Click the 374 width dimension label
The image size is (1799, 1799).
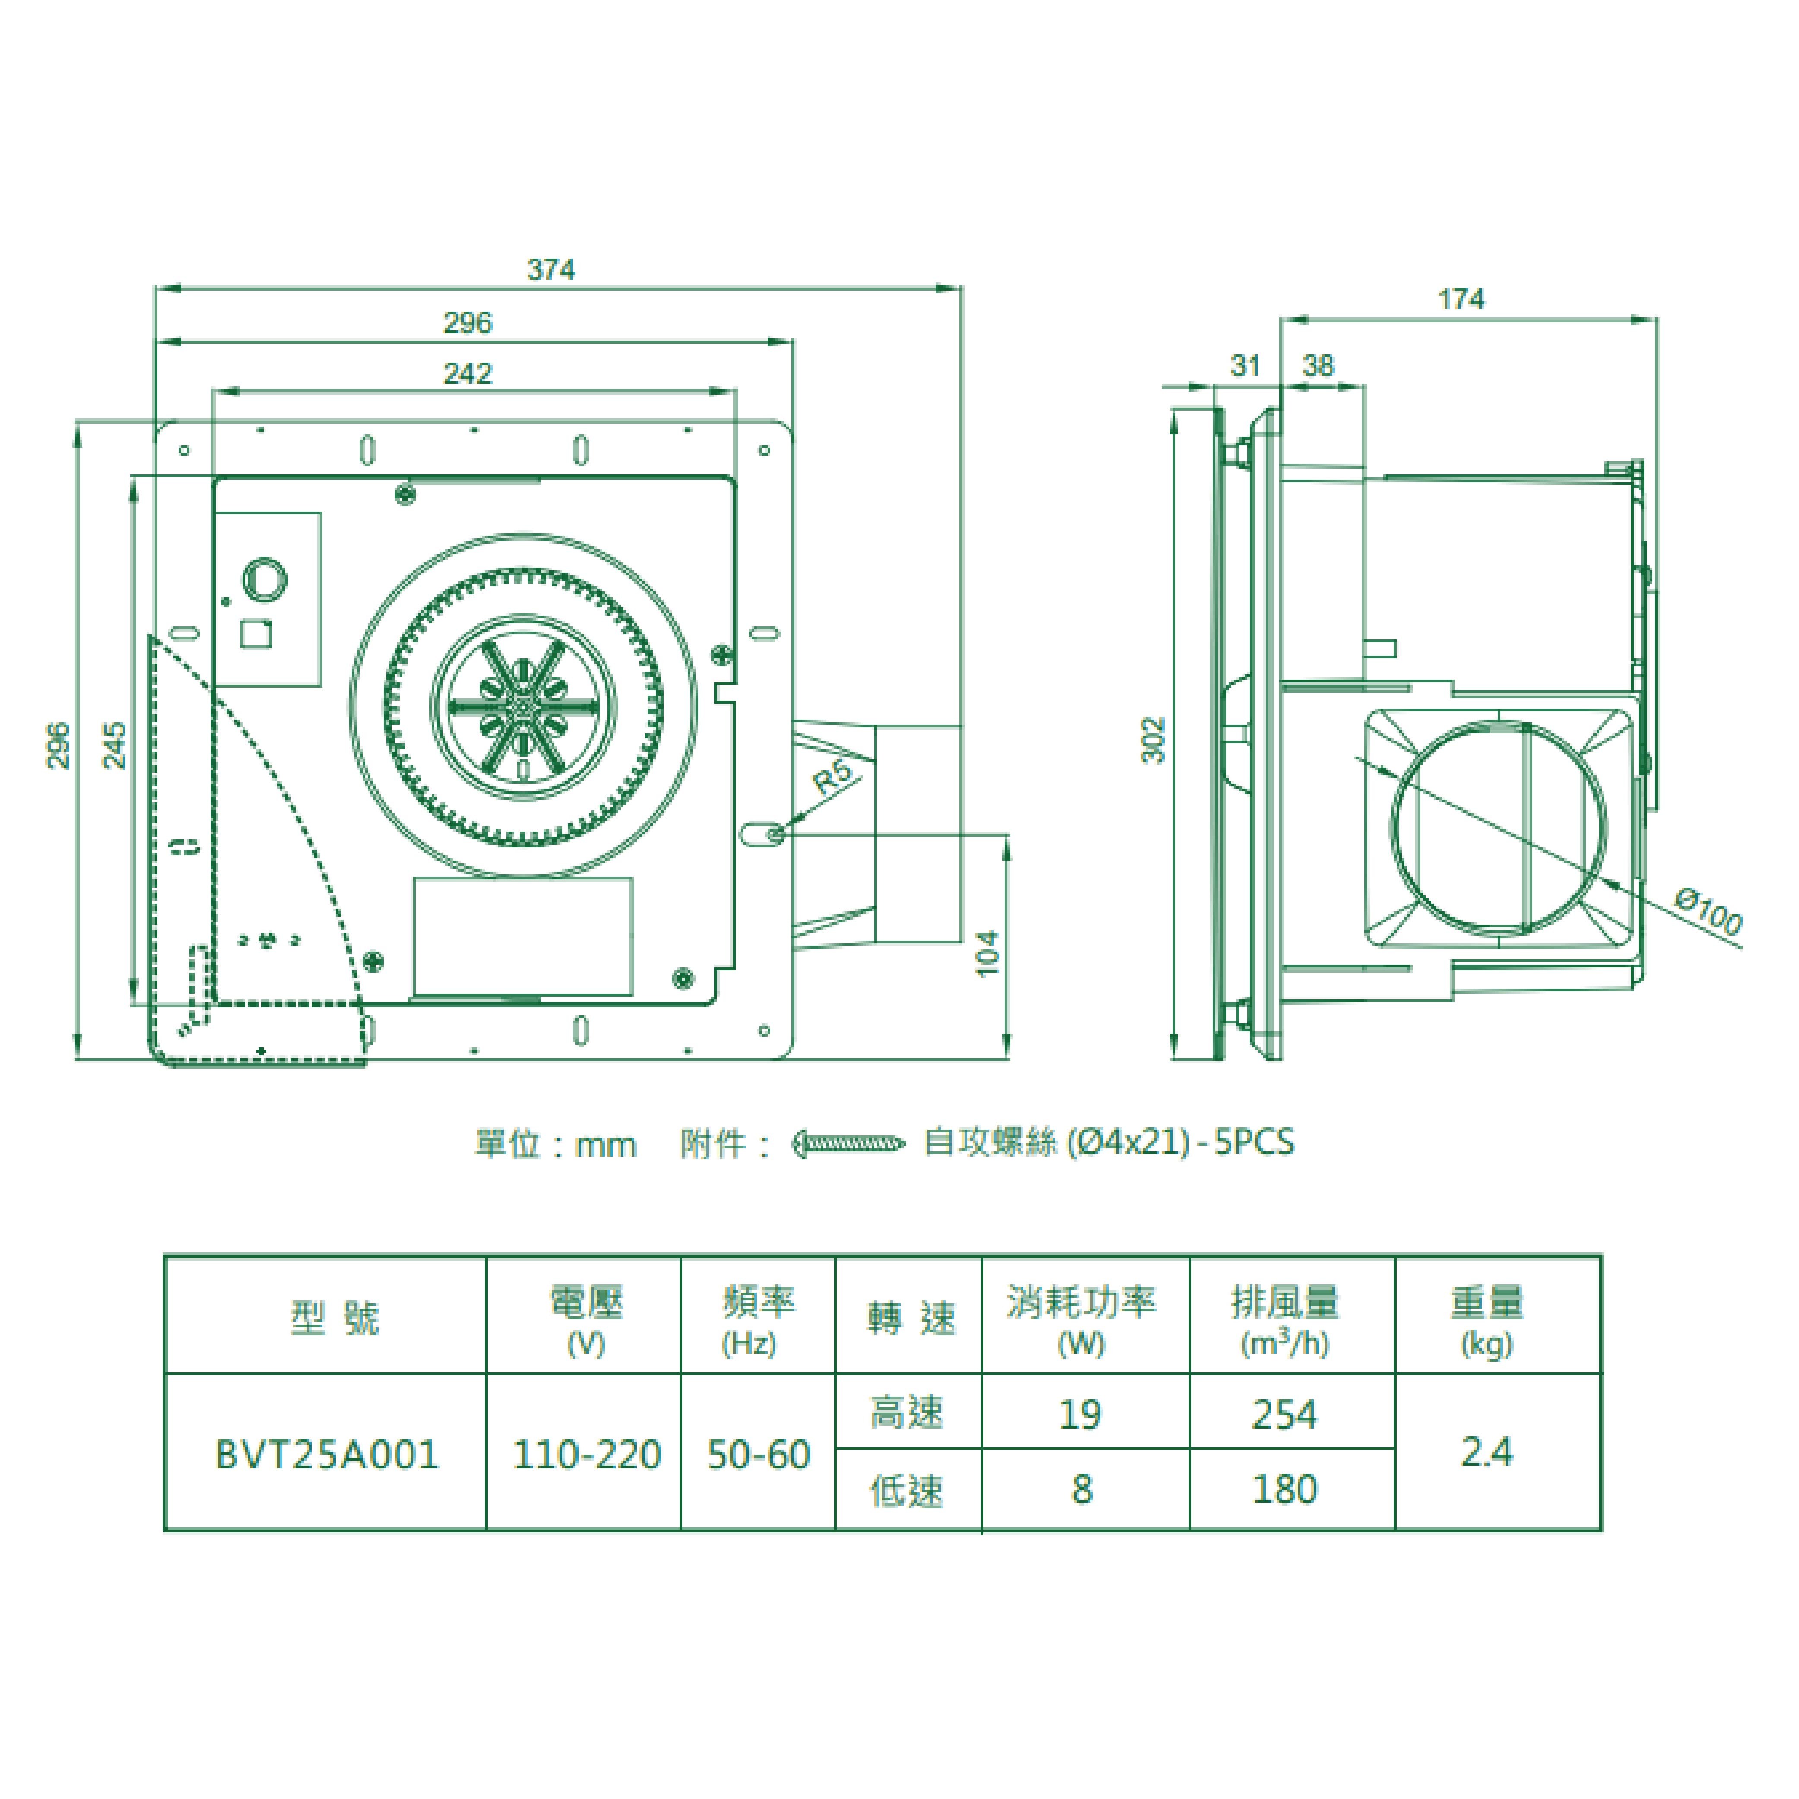[551, 270]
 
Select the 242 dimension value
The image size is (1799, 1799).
[468, 373]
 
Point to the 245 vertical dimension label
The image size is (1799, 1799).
[114, 745]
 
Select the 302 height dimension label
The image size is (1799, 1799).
[1154, 740]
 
